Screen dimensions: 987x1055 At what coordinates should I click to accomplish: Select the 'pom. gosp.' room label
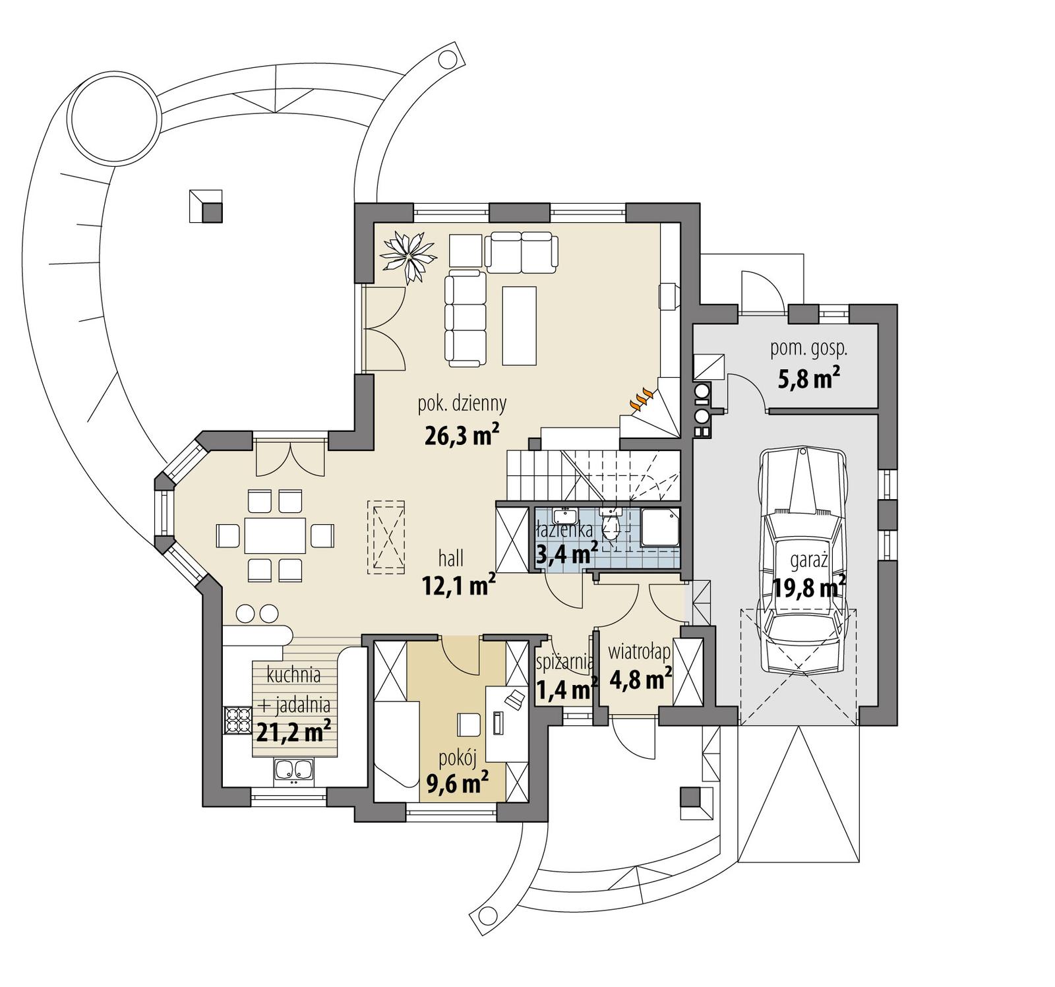click(808, 349)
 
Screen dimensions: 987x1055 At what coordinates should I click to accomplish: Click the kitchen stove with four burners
click(238, 720)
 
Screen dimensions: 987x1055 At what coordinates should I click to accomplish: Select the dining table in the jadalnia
click(276, 535)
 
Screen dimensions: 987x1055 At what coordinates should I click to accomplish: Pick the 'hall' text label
click(451, 558)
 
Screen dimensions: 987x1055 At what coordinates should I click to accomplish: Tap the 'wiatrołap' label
click(639, 652)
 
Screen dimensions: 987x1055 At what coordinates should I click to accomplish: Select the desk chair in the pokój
click(469, 724)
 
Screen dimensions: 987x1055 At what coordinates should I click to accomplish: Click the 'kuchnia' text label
click(294, 675)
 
